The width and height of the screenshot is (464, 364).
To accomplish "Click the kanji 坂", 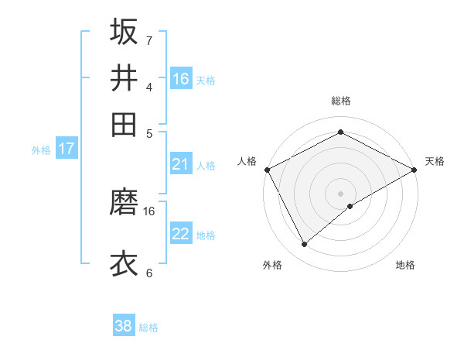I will coord(124,32).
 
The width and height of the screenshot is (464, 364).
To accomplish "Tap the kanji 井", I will coord(124,78).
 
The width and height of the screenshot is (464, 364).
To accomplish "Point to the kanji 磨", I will coord(124,204).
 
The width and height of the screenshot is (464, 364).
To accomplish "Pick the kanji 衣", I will coord(124,263).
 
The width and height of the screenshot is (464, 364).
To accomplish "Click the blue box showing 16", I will coord(181,79).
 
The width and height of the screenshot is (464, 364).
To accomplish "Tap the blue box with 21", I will coord(181,164).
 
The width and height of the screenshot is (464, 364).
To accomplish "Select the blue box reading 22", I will coord(181,235).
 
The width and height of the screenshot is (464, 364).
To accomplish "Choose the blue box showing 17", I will coord(67,149).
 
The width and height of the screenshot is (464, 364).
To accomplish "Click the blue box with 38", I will coord(124,327).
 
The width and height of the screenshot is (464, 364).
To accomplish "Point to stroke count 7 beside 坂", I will coord(148,40).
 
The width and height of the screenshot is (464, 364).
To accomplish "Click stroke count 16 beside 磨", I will coord(149,211).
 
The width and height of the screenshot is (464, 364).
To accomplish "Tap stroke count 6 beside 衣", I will coord(148,273).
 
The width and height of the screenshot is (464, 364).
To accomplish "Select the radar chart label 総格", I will coord(341,101).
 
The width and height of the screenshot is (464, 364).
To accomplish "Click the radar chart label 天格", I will coord(435,161).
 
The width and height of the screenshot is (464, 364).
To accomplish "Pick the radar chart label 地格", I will coord(405,265).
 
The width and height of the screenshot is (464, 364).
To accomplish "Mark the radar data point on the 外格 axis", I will coord(305,245).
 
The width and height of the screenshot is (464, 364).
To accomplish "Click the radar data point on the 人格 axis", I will coord(267,170).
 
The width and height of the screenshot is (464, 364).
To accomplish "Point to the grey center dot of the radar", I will coord(341,194).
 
